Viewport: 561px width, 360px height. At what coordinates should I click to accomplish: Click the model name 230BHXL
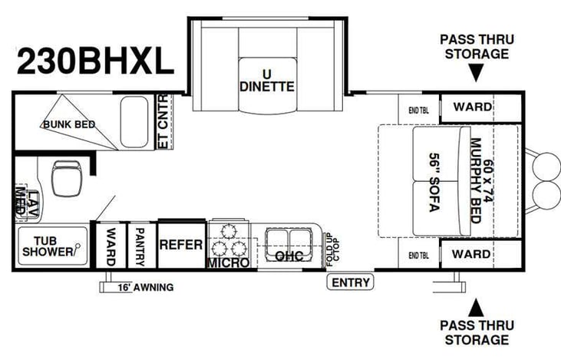(94, 61)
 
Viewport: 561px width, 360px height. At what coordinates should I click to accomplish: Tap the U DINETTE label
(267, 80)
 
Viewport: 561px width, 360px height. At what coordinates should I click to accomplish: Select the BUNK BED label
(68, 124)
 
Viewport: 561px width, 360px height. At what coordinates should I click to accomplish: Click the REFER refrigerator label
(181, 245)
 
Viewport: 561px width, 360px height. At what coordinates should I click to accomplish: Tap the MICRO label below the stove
(228, 263)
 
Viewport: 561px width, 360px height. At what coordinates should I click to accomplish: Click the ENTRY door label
(351, 282)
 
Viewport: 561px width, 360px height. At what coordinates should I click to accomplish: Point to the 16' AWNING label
(146, 288)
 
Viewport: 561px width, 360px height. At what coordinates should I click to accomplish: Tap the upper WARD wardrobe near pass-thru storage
(471, 107)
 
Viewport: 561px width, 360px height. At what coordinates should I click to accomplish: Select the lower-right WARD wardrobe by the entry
(471, 253)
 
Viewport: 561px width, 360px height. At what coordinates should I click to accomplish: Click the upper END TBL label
(418, 107)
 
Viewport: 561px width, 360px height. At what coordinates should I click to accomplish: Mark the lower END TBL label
(418, 254)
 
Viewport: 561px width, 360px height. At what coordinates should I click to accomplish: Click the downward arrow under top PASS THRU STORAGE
(476, 73)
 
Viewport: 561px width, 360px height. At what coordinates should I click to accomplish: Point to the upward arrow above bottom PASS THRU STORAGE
(476, 308)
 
